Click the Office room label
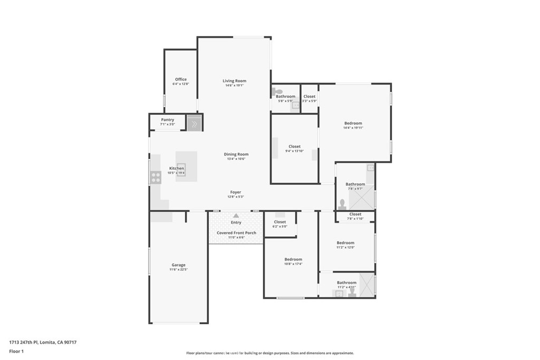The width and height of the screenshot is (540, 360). click(x=180, y=80)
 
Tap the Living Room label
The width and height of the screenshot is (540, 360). click(x=234, y=81)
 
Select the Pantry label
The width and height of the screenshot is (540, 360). click(x=167, y=120)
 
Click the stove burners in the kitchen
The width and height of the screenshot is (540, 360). click(x=156, y=178)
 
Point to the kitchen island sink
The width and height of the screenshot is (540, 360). click(x=181, y=169)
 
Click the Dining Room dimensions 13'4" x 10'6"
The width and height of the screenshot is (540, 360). click(x=237, y=159)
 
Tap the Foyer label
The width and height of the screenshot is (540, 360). click(x=235, y=192)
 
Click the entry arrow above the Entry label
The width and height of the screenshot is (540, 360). click(x=236, y=216)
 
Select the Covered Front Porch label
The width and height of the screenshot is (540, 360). click(x=236, y=233)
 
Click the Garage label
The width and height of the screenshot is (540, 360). click(x=178, y=265)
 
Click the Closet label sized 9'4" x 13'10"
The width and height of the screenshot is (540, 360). click(x=294, y=147)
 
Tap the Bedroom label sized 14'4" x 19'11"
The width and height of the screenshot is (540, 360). click(x=353, y=123)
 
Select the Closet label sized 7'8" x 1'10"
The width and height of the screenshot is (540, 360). click(x=355, y=214)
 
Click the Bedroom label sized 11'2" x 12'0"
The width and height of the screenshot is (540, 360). click(x=345, y=243)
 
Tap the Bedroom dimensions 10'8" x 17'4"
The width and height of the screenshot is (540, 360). click(x=293, y=264)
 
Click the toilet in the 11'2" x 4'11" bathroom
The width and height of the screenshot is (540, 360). click(x=352, y=291)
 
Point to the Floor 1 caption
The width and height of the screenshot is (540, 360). click(x=17, y=351)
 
